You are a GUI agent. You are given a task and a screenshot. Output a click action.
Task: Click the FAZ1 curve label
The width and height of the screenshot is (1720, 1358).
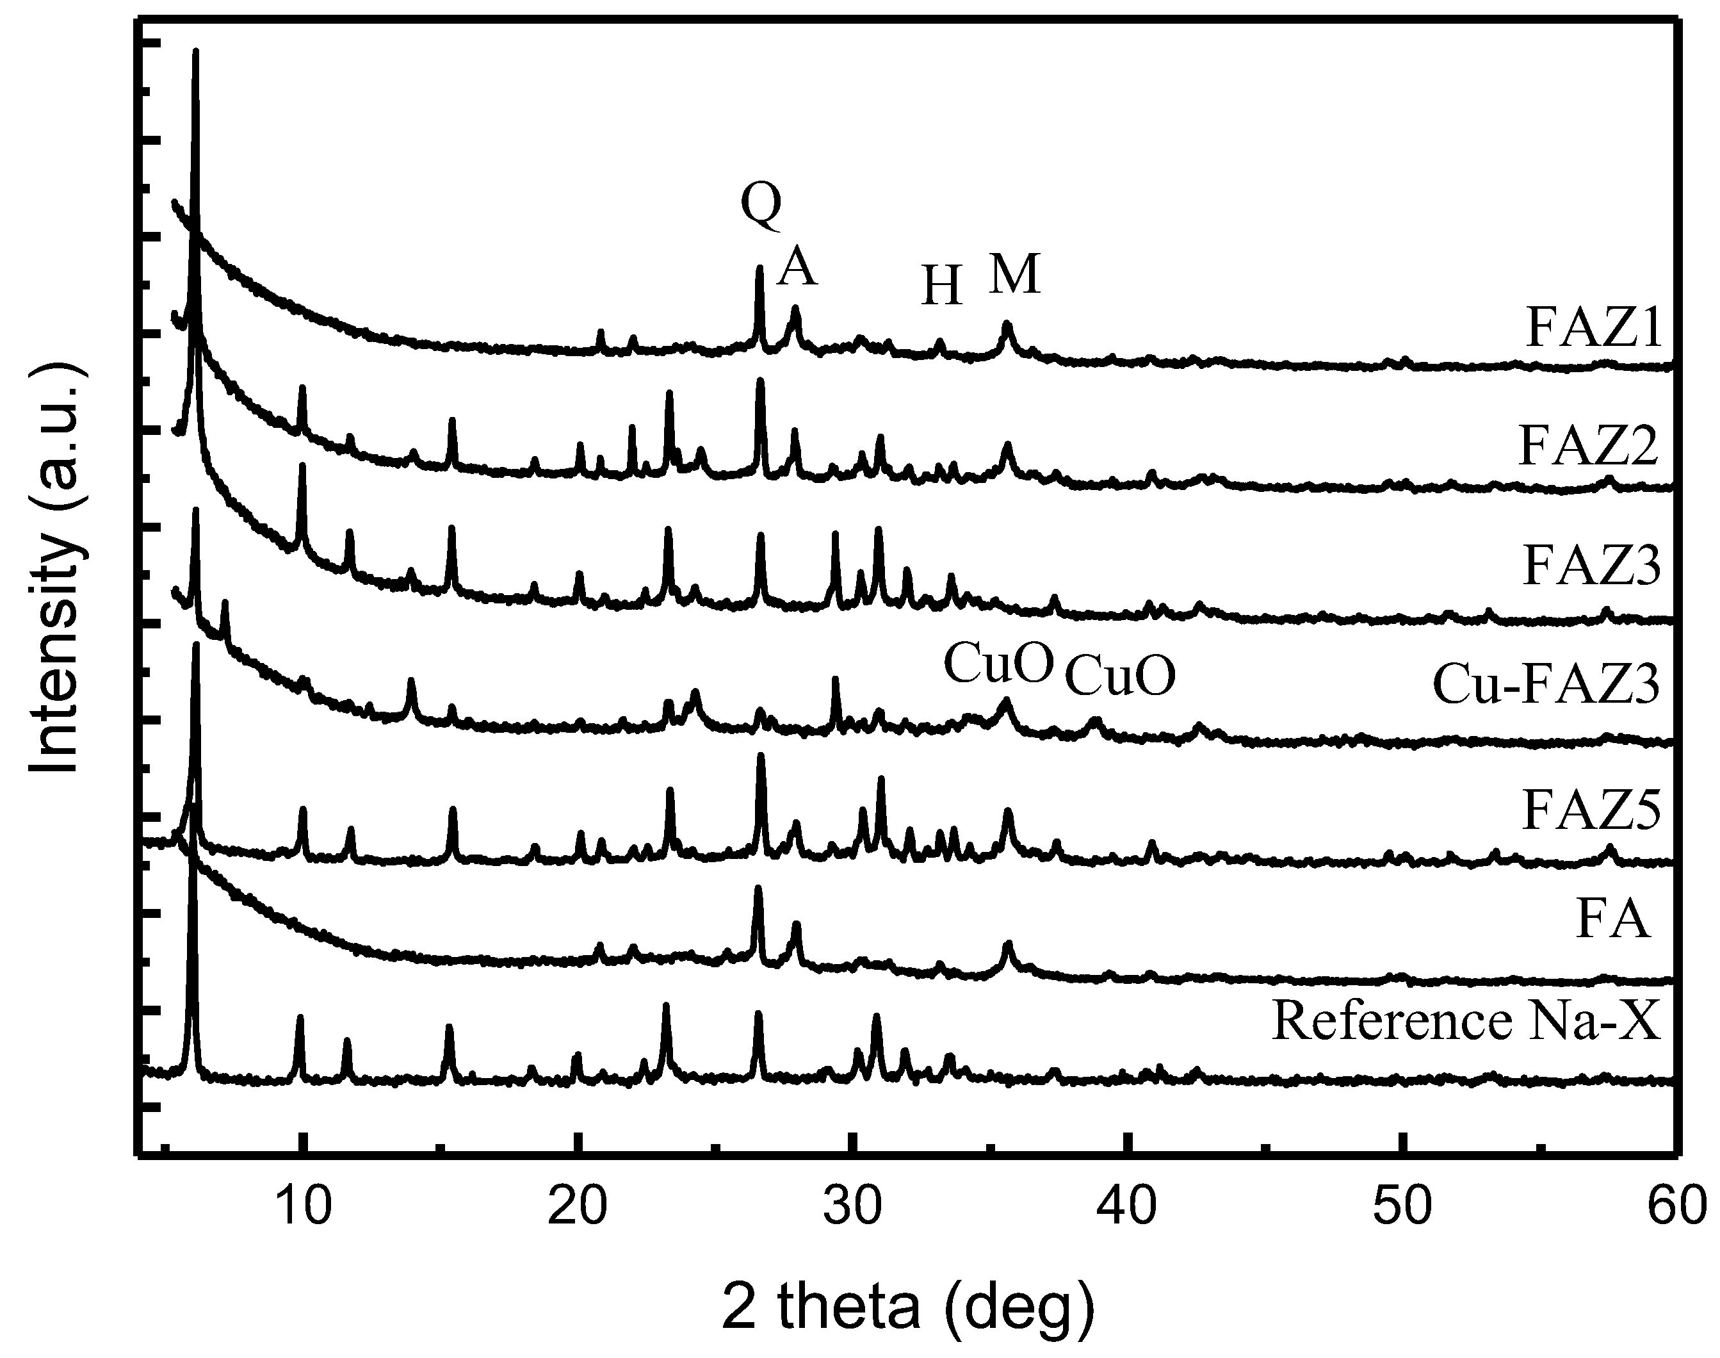tap(1594, 329)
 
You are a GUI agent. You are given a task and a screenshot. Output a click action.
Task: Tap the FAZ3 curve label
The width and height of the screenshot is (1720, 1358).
tap(1591, 567)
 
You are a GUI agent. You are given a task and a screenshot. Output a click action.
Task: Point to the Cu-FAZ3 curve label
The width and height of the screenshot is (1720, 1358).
tap(1546, 685)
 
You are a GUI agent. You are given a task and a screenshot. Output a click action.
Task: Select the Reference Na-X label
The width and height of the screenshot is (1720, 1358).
tap(1466, 1021)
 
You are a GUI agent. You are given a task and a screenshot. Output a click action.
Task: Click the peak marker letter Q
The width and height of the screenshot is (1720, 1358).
tap(761, 203)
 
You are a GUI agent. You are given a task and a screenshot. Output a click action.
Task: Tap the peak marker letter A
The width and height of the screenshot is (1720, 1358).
tap(797, 268)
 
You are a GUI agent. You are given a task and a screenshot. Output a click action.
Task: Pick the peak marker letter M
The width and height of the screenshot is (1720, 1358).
tap(1014, 274)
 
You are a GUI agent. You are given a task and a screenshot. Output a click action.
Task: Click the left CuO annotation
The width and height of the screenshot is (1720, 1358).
tap(998, 664)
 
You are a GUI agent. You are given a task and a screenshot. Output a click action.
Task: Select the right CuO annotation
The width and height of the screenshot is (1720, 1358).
tap(1119, 676)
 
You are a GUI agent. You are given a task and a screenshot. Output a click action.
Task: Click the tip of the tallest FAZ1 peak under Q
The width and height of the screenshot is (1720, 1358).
tap(759, 268)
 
